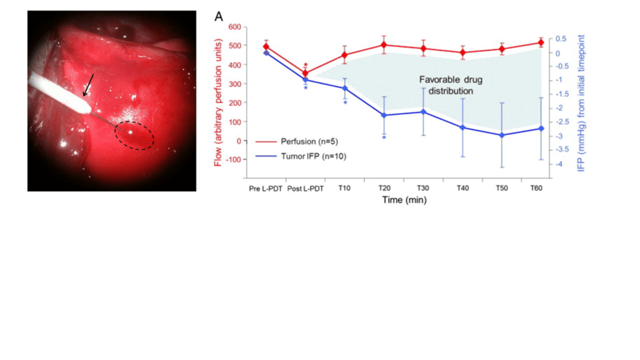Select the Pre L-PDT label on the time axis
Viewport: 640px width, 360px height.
tap(266, 189)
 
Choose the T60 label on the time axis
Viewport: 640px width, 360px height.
tap(536, 189)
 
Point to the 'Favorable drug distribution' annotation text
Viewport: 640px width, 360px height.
tap(451, 86)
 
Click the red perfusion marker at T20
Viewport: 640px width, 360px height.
tap(384, 45)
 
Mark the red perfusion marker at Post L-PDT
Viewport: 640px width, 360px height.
tap(305, 73)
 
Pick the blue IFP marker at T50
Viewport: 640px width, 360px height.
tap(501, 135)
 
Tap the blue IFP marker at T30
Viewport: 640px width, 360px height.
tap(423, 112)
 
